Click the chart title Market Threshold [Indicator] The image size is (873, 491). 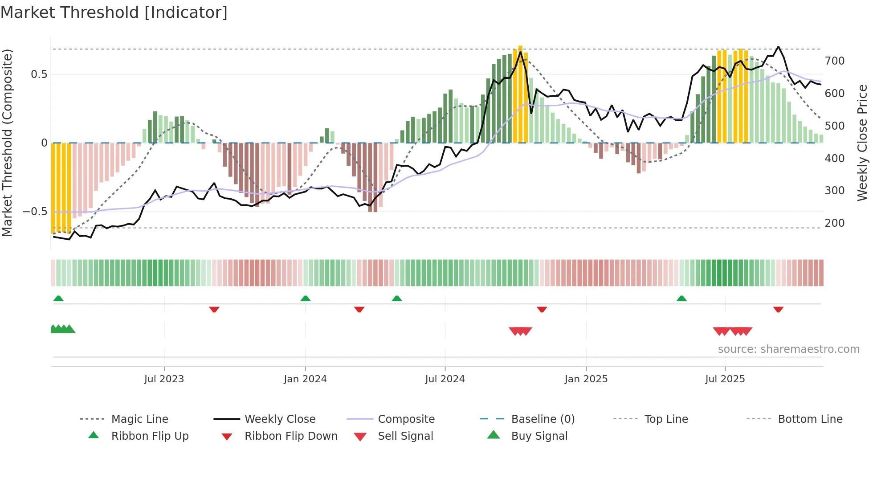[114, 12]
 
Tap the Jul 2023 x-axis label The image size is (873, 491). [164, 379]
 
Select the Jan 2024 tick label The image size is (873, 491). [305, 379]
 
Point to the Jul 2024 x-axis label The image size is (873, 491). [445, 379]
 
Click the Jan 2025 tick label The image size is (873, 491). [586, 379]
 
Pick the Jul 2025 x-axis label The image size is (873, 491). [725, 379]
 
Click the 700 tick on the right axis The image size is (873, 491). [834, 61]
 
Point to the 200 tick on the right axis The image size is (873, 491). [834, 223]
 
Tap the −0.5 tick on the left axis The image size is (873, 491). [35, 212]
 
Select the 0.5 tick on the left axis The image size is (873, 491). [39, 74]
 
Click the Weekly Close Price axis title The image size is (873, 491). [862, 143]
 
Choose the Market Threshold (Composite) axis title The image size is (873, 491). [7, 143]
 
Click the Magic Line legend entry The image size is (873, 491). [139, 419]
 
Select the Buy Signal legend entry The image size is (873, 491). [539, 436]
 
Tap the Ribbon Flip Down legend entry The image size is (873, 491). [290, 436]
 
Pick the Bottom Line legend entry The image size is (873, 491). [810, 419]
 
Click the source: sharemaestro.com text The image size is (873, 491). [788, 349]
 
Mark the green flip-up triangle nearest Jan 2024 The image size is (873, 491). [306, 299]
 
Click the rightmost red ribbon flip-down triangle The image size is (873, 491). [778, 309]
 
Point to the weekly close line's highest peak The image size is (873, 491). [778, 46]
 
